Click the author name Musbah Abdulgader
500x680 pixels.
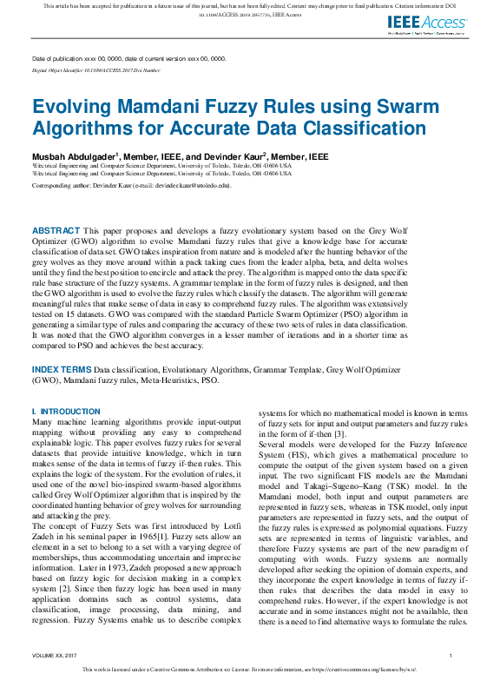point(73,155)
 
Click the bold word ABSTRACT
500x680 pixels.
point(55,230)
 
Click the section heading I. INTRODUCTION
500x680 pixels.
point(65,412)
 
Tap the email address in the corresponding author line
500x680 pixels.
point(195,185)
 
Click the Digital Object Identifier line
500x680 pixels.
point(95,69)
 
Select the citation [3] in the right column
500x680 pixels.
point(341,434)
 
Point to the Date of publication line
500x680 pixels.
point(128,58)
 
